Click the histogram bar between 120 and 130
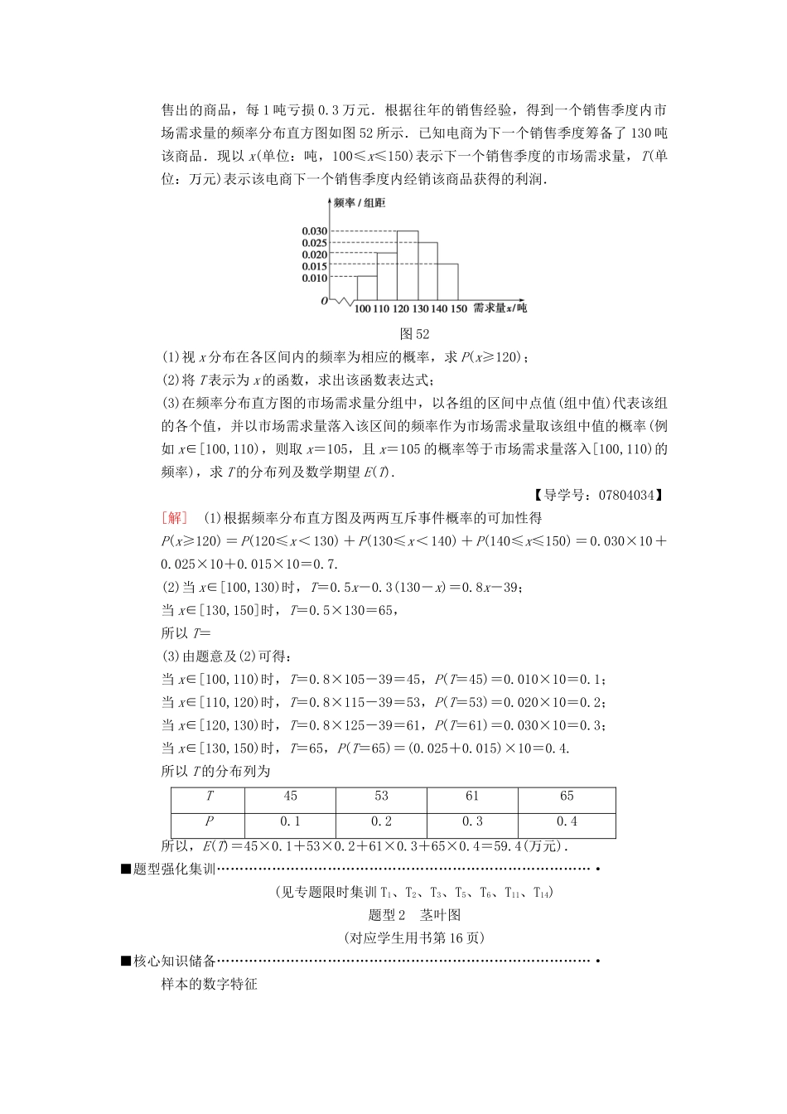pyautogui.click(x=408, y=265)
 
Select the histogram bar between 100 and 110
pyautogui.click(x=367, y=288)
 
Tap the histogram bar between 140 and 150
pyautogui.click(x=447, y=282)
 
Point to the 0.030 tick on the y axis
pyautogui.click(x=314, y=231)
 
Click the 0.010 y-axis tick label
pyautogui.click(x=314, y=278)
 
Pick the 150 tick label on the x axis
pyautogui.click(x=458, y=309)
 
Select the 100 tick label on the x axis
pyautogui.click(x=362, y=309)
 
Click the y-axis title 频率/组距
pyautogui.click(x=359, y=203)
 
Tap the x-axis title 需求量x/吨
pyautogui.click(x=500, y=308)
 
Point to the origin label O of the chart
pyautogui.click(x=325, y=301)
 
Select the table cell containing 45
pyautogui.click(x=290, y=797)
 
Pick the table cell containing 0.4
pyautogui.click(x=567, y=821)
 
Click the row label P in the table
pyautogui.click(x=209, y=821)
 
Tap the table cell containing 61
pyautogui.click(x=472, y=797)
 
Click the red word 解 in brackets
pyautogui.click(x=175, y=518)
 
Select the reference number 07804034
pyautogui.click(x=620, y=496)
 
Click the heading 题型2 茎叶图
pyautogui.click(x=414, y=915)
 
